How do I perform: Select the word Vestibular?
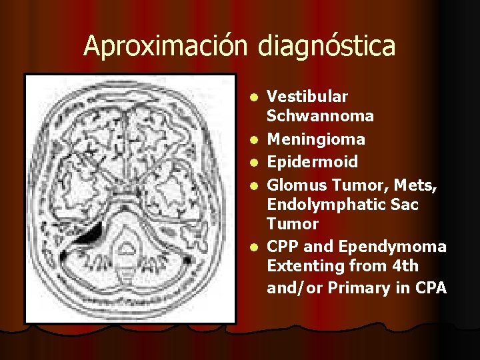click(x=307, y=97)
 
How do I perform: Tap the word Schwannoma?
click(x=320, y=117)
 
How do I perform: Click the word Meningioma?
click(x=316, y=139)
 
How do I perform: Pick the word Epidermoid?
click(x=312, y=162)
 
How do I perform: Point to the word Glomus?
click(x=295, y=185)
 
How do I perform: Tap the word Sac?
click(x=406, y=205)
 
